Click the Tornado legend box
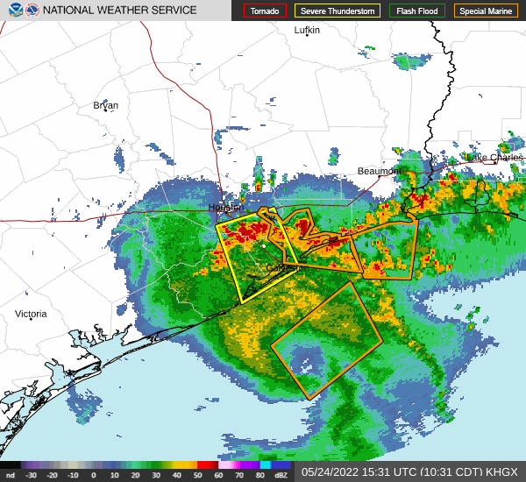click(x=264, y=11)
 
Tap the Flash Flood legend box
click(x=417, y=11)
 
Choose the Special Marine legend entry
click(x=486, y=11)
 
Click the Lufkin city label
click(x=307, y=30)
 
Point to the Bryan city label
click(x=105, y=105)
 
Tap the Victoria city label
click(x=31, y=314)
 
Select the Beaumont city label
click(x=380, y=171)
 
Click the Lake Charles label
click(x=494, y=157)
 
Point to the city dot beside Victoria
click(x=31, y=320)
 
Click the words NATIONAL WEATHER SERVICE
click(x=120, y=11)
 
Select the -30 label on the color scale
click(x=32, y=475)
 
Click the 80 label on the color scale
click(x=260, y=475)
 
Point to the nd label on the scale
click(x=10, y=475)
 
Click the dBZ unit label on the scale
click(x=281, y=475)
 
